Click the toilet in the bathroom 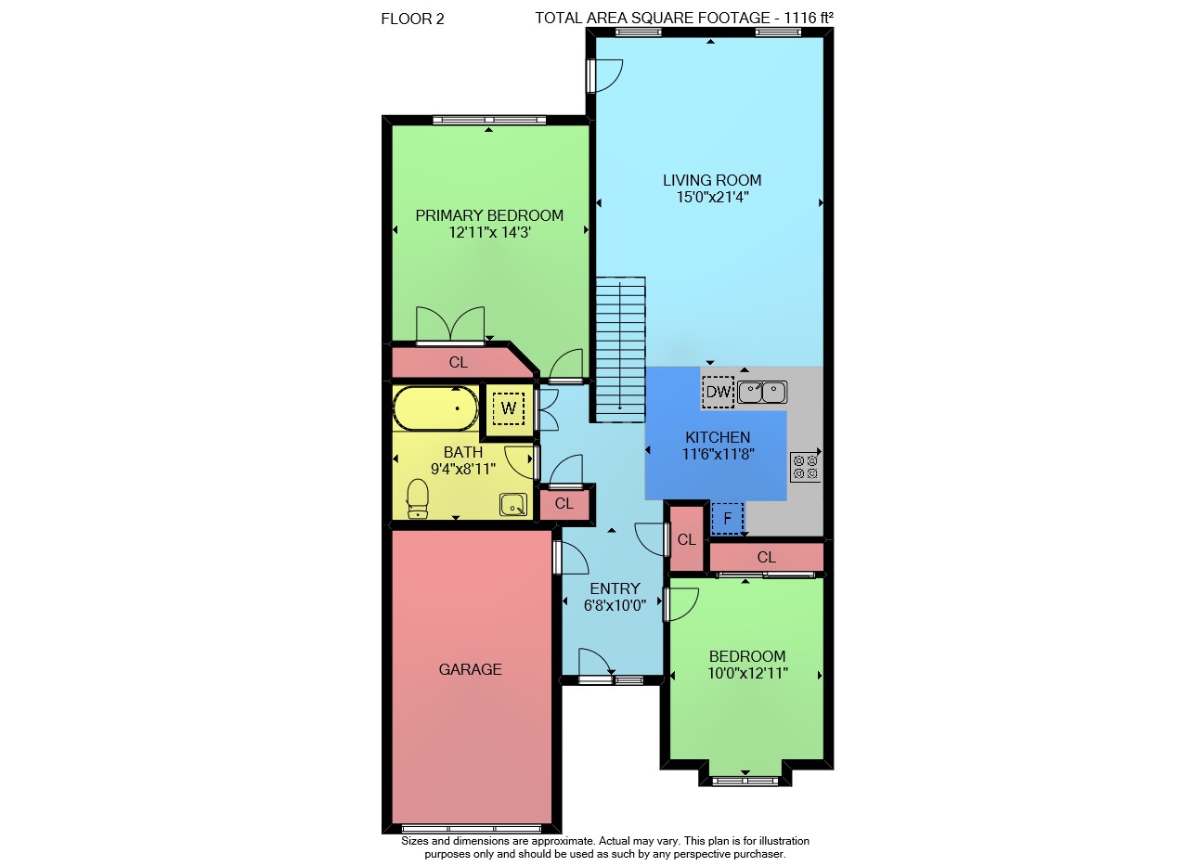(418, 498)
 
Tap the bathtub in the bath (435, 408)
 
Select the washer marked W (509, 408)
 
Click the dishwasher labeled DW (718, 392)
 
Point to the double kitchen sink (762, 393)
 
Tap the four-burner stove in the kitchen (805, 467)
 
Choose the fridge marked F (728, 519)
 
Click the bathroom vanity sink (512, 505)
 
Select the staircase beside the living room (620, 350)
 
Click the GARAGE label (470, 669)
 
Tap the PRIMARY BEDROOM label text (489, 215)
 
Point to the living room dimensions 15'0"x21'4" (712, 198)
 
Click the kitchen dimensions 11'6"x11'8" (718, 454)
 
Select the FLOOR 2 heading (412, 19)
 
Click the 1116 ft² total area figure (809, 18)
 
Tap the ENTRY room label (615, 588)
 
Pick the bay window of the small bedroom (745, 782)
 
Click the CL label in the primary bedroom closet (458, 362)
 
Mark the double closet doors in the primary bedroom (450, 326)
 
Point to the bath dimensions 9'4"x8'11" (463, 469)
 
